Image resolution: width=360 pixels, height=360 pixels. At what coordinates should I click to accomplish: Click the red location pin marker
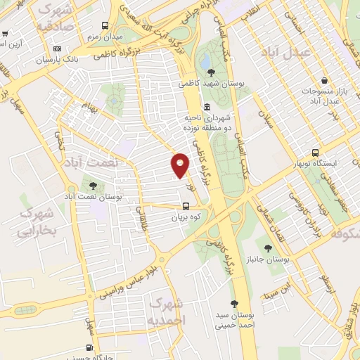[180, 165]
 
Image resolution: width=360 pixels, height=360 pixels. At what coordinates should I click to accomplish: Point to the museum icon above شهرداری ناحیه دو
[207, 107]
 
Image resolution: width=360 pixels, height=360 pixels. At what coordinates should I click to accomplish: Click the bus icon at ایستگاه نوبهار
[315, 152]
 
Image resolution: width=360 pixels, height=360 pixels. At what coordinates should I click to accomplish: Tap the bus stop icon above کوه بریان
[186, 206]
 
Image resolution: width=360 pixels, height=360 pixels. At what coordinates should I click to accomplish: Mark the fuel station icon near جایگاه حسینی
[89, 347]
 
